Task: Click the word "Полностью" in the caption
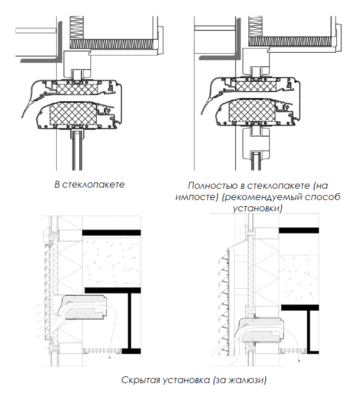(208, 185)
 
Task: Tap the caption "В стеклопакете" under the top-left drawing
(89, 185)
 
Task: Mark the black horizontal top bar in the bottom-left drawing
(111, 233)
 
